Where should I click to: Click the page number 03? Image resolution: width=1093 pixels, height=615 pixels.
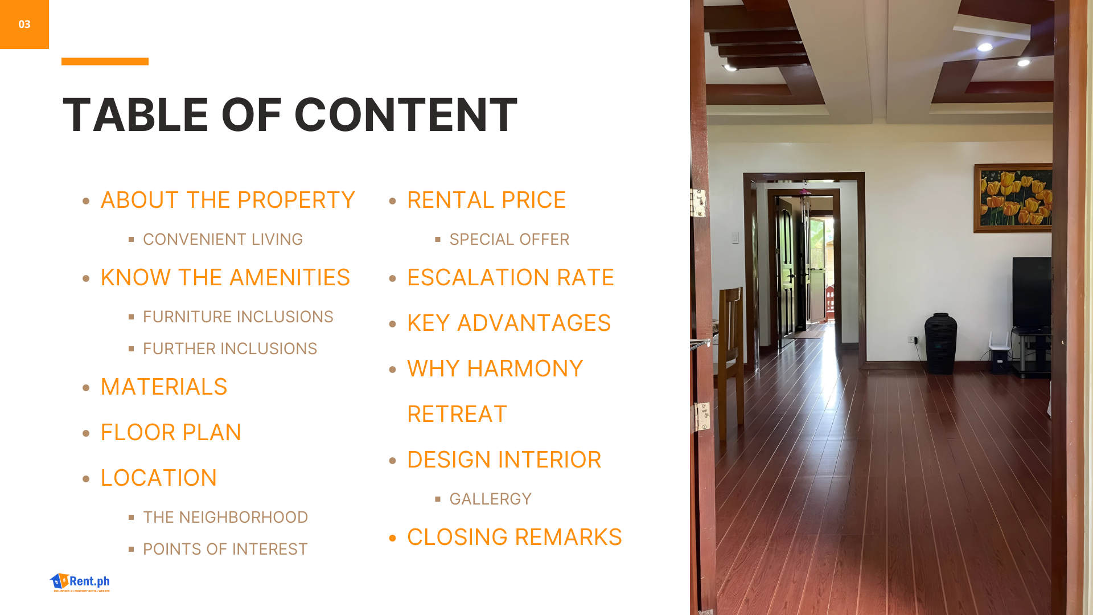(24, 24)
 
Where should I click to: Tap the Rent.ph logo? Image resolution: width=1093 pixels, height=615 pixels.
(80, 583)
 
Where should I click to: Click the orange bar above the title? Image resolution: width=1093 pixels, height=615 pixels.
(105, 61)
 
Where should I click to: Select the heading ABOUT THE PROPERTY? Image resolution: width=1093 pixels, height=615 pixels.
(228, 200)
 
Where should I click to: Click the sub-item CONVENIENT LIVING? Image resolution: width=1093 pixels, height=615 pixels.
(223, 240)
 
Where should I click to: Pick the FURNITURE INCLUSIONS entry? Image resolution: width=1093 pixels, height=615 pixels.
(238, 317)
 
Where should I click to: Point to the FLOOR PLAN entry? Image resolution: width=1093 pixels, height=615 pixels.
(171, 433)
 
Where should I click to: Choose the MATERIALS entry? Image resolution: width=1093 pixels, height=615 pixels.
(164, 387)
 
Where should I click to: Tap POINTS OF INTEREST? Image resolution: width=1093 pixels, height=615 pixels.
(225, 550)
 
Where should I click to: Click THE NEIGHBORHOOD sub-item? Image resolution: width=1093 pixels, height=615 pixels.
(225, 518)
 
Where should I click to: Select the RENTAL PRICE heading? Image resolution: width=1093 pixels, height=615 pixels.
(486, 200)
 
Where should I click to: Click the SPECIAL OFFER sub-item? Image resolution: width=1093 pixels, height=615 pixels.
(509, 240)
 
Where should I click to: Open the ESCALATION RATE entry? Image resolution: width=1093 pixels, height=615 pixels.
(511, 278)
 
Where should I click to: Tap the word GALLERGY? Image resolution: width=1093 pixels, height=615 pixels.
(490, 499)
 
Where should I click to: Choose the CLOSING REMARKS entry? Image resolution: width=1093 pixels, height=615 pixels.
(515, 538)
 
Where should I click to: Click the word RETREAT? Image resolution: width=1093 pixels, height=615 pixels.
(457, 415)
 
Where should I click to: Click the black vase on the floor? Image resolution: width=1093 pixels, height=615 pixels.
(940, 343)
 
